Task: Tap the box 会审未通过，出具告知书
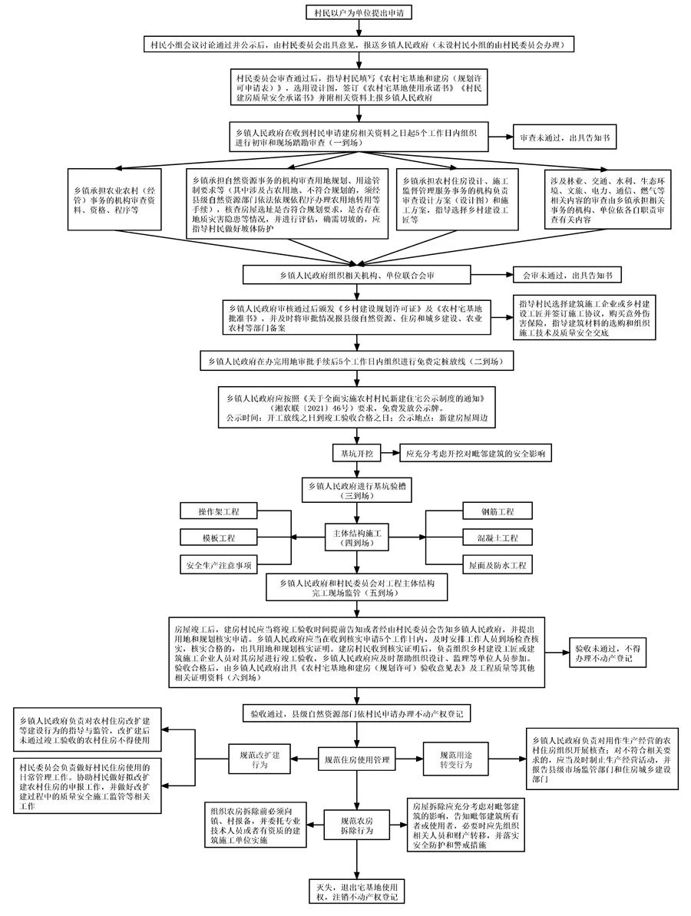(567, 274)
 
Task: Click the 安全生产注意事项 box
(217, 566)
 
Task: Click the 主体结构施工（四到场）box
(359, 537)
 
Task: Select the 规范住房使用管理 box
(358, 761)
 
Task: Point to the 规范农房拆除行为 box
(358, 825)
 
